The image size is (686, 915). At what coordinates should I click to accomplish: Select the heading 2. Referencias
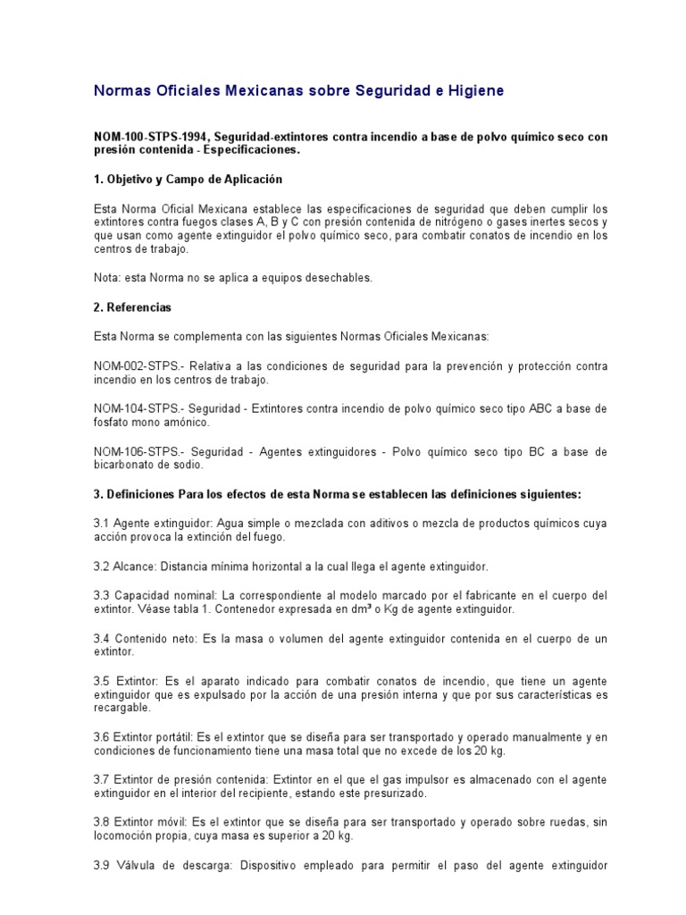coord(132,307)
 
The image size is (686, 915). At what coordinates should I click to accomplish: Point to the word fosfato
coord(113,423)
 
